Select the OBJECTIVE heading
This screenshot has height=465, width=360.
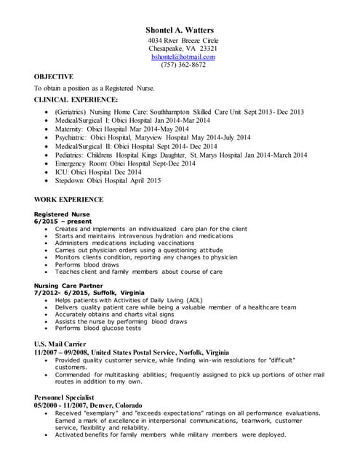[x=54, y=76]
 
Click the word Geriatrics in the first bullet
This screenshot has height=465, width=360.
[x=73, y=112]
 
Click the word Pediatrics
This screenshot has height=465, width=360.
[x=71, y=155]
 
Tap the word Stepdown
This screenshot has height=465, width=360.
[x=71, y=180]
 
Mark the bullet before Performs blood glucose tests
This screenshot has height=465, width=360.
[x=47, y=327]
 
